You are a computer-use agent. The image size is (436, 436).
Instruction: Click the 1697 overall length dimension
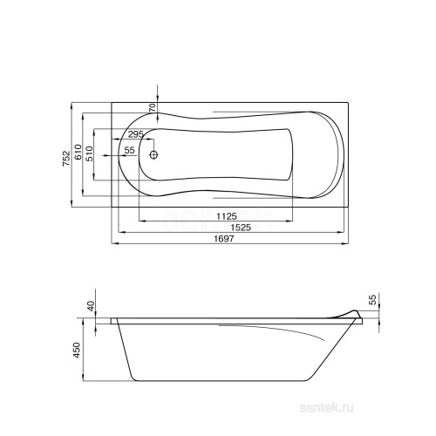tap(224, 239)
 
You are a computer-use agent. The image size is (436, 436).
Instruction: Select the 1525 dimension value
tap(241, 228)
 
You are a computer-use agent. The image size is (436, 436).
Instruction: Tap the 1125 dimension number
tap(227, 216)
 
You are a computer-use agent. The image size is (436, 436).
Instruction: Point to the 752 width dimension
tap(66, 158)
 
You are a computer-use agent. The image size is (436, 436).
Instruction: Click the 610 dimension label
tap(78, 152)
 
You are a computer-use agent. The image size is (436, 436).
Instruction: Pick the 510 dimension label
tap(89, 153)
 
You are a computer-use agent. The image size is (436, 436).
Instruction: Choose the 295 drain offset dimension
tap(136, 134)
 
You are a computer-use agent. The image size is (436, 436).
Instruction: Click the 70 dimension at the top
tap(152, 107)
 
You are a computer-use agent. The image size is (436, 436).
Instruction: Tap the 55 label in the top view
tap(129, 150)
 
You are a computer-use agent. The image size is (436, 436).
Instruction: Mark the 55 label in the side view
tap(372, 299)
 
